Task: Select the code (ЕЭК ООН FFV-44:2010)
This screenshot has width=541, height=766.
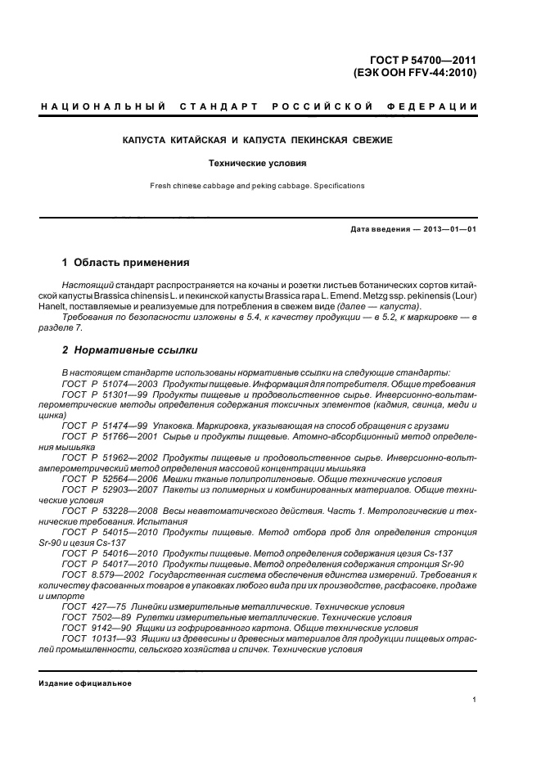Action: (x=414, y=72)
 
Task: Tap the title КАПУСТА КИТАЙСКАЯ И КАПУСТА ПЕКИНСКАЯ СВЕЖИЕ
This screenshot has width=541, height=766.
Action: (x=257, y=141)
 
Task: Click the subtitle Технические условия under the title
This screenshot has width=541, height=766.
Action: (x=257, y=163)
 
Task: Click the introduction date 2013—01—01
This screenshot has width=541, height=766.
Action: (x=449, y=229)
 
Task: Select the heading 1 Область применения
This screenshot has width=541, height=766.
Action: (x=126, y=263)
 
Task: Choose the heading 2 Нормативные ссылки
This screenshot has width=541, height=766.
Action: (x=130, y=350)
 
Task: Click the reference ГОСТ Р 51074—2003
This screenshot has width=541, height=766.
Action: (x=109, y=384)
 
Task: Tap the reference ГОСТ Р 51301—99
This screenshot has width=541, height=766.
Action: (x=105, y=394)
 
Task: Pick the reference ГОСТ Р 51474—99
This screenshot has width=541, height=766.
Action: (x=105, y=426)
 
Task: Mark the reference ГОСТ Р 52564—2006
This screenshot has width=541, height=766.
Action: (x=109, y=478)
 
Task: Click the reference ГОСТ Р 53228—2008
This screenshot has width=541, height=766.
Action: (x=109, y=510)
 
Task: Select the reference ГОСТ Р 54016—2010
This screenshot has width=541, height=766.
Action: (x=109, y=552)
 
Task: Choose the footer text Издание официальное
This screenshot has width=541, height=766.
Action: (x=85, y=683)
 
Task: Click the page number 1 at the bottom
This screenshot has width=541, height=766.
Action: (x=474, y=699)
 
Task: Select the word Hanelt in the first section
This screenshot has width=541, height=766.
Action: (x=52, y=305)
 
